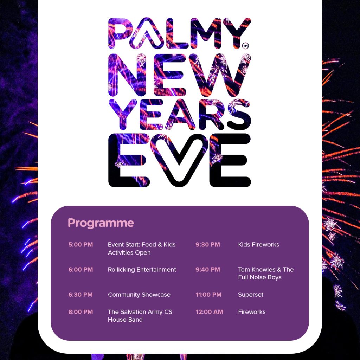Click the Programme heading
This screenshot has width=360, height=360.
click(101, 223)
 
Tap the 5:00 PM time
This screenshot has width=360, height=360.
click(81, 245)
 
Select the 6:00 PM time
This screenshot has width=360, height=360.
click(81, 270)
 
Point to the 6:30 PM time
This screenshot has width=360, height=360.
click(81, 295)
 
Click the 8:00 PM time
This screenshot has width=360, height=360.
click(81, 312)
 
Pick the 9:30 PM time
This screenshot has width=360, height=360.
click(208, 245)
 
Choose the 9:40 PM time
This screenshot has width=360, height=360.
click(208, 270)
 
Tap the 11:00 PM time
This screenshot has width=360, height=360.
click(208, 295)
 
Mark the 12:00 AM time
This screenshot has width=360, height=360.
click(210, 312)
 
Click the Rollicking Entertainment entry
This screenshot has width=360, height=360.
click(142, 270)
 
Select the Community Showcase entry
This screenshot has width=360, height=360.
click(139, 295)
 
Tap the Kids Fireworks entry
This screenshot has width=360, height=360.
click(258, 245)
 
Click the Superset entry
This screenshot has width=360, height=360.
click(251, 295)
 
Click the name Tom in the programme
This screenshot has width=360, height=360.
click(244, 270)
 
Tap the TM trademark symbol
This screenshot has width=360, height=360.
click(245, 46)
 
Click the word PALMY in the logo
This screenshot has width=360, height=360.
click(180, 33)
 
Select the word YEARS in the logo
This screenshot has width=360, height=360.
click(180, 114)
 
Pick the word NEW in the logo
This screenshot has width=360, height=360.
click(180, 75)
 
